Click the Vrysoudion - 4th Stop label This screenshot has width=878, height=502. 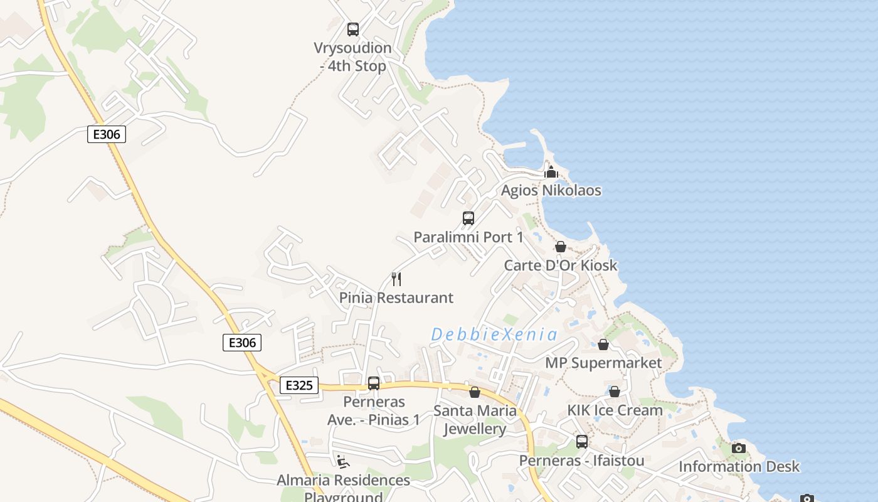click(x=352, y=56)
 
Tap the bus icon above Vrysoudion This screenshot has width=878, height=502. click(x=353, y=29)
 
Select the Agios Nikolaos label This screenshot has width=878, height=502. click(x=551, y=190)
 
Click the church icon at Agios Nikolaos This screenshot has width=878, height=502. click(x=551, y=172)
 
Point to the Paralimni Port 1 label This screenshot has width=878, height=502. click(x=468, y=237)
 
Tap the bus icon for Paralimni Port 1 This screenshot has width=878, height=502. click(x=468, y=218)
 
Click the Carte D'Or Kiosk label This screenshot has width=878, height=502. click(x=561, y=265)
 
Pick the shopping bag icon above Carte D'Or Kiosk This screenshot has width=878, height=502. click(x=561, y=247)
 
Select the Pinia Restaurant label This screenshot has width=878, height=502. click(x=396, y=297)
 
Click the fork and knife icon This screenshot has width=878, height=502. click(x=396, y=279)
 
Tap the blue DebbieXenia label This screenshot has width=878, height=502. click(x=494, y=334)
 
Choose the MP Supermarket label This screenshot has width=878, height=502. click(x=603, y=363)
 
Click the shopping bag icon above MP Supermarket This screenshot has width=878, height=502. click(x=603, y=344)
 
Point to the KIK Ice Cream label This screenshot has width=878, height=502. click(x=615, y=410)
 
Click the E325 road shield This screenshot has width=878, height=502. click(x=299, y=385)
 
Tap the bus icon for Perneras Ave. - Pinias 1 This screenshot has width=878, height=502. click(x=374, y=383)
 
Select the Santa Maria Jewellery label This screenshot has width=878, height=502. click(x=475, y=420)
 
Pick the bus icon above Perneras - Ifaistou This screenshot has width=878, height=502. click(x=582, y=442)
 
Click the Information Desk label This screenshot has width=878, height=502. click(x=739, y=466)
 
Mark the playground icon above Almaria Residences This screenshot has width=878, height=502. click(x=342, y=462)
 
